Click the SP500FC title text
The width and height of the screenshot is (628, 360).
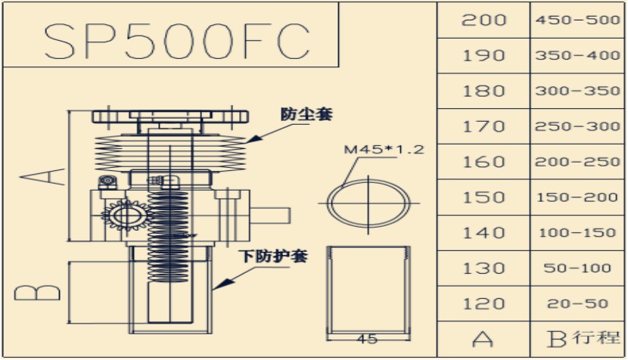pos(176,39)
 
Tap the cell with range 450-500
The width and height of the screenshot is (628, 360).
pos(577,20)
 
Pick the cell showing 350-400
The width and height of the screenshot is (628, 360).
pos(577,55)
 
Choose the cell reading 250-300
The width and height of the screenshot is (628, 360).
pos(577,126)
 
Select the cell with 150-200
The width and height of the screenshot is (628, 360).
pos(577,197)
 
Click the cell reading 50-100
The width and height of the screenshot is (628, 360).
pos(577,268)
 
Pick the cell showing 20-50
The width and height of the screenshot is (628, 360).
pos(577,304)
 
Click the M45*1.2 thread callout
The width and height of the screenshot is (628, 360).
pos(384,149)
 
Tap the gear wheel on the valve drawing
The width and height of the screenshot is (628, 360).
pos(122,218)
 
